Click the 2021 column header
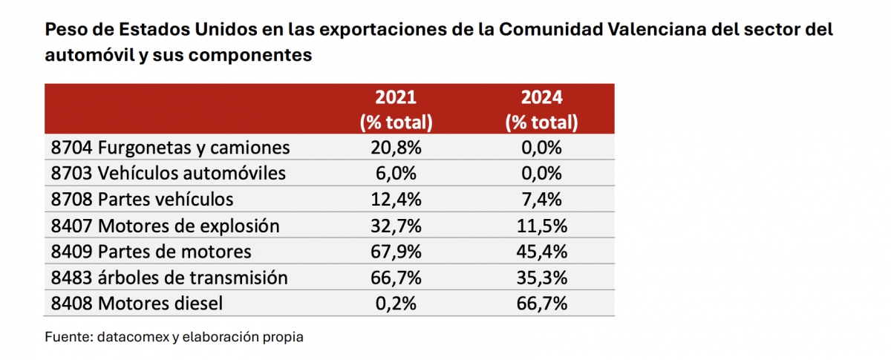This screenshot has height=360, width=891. [x=396, y=109]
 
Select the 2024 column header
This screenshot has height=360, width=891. [x=541, y=109]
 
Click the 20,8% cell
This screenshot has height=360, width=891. [x=396, y=148]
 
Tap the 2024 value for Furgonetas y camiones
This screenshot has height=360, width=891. [x=541, y=148]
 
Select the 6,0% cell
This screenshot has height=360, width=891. [x=396, y=174]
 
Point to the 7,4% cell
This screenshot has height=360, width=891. [x=541, y=200]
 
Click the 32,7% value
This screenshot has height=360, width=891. [x=396, y=226]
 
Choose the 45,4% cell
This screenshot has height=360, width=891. [x=541, y=252]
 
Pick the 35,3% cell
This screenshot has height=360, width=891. [x=541, y=278]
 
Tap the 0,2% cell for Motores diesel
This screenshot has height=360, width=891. [x=396, y=304]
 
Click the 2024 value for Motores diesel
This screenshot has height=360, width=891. [x=541, y=304]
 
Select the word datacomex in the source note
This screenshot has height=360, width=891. [x=123, y=337]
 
